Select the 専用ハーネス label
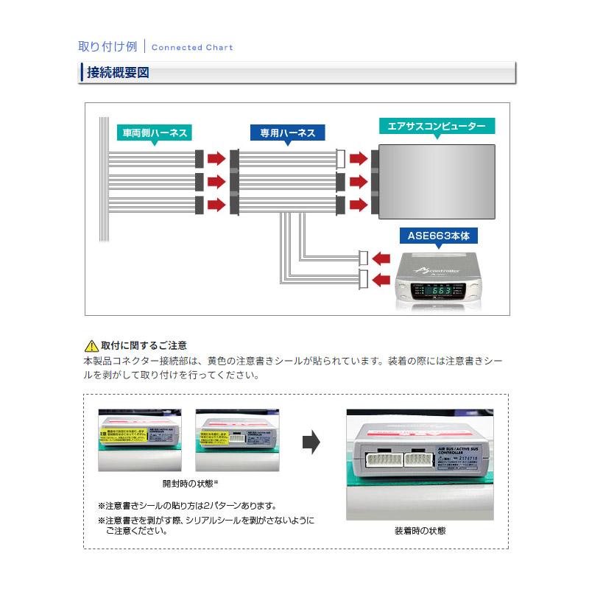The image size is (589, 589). point(288,133)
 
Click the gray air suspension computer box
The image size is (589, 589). point(436,180)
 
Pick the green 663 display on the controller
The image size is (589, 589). point(442,290)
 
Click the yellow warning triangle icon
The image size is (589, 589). point(91,345)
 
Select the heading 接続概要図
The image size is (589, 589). point(118,73)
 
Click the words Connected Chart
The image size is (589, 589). point(192,47)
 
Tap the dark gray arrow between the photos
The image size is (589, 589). point(311,443)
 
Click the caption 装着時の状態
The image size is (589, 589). point(420,530)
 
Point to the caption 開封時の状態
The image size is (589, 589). point(190,484)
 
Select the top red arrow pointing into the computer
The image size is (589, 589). point(359,158)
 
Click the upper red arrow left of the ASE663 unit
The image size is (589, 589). point(381,258)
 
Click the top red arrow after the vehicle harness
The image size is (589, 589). point(216,158)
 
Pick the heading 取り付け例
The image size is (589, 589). point(107,46)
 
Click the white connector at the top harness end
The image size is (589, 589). point(340,158)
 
